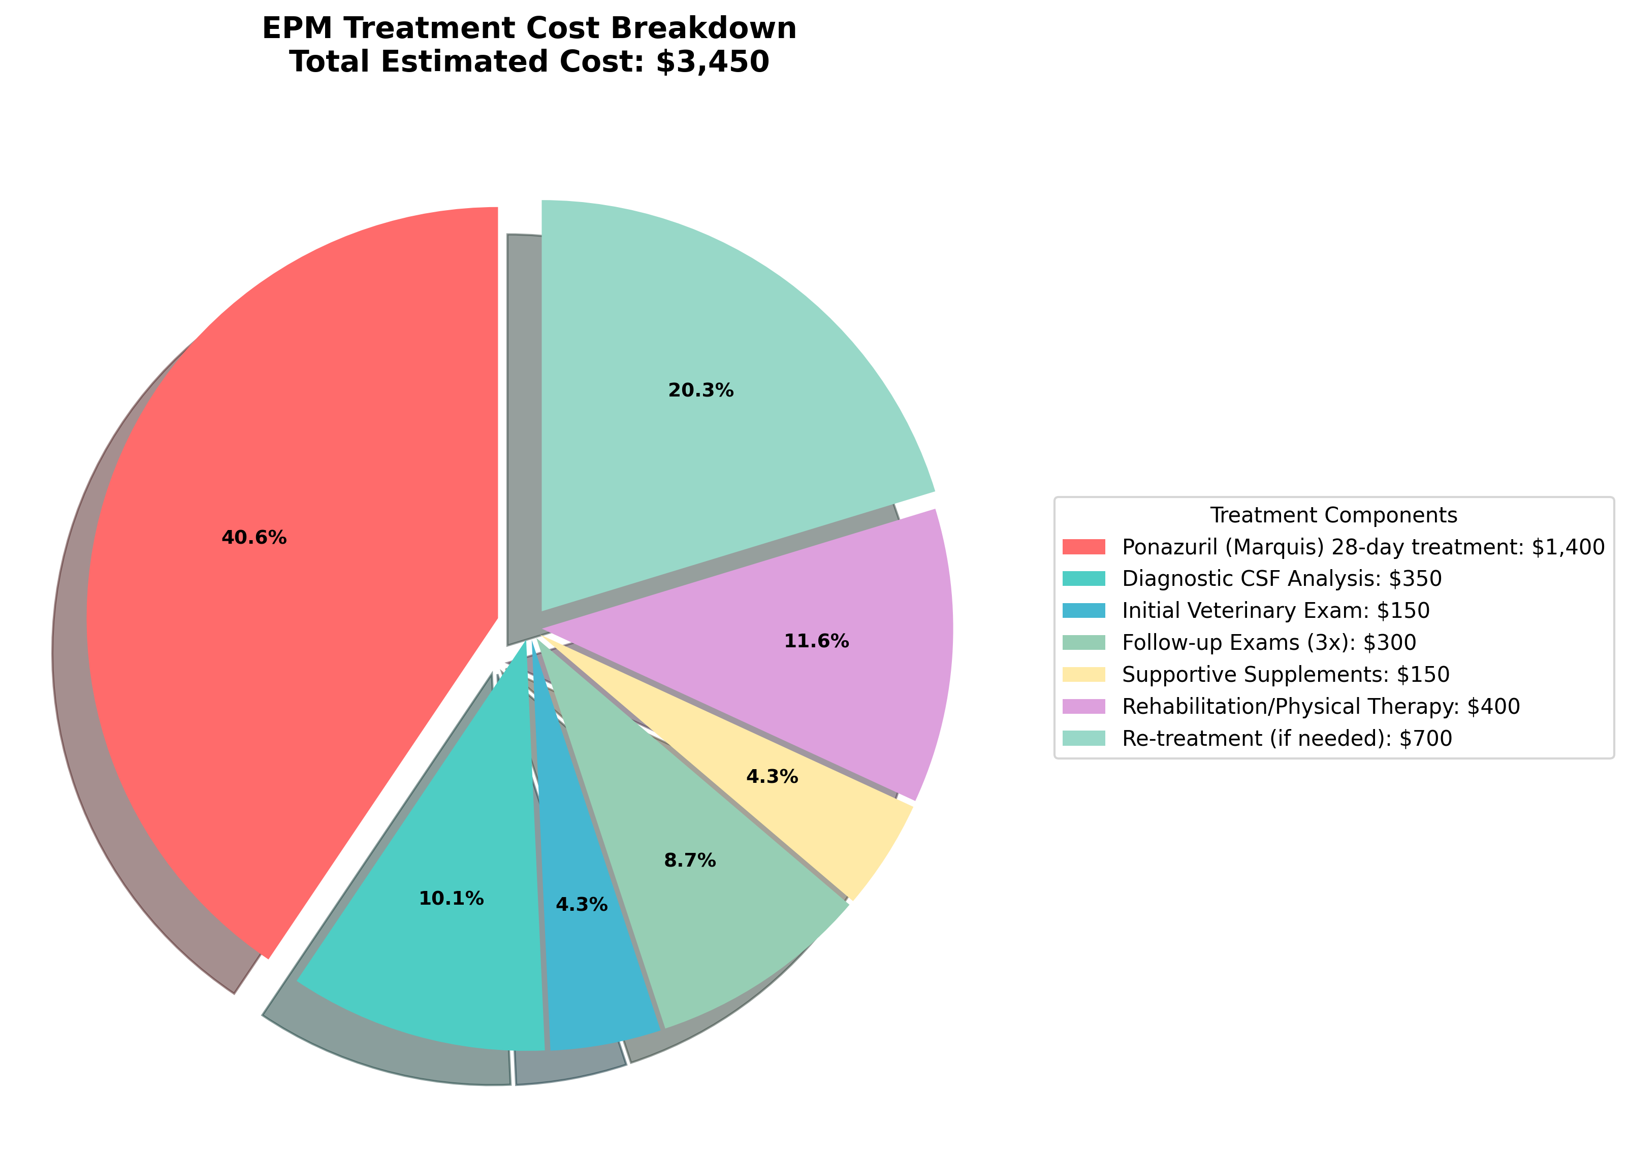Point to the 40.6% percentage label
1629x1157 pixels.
point(254,538)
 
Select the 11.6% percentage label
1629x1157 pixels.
point(816,641)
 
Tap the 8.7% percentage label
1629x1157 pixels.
point(689,861)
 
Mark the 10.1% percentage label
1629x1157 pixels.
point(451,899)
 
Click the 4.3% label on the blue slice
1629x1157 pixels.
point(581,905)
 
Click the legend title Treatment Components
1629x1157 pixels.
point(1333,515)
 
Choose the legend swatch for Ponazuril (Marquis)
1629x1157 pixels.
point(1083,546)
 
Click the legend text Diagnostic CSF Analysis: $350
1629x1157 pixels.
point(1281,579)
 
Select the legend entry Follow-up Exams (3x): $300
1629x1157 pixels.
point(1268,643)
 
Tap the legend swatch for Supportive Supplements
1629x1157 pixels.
point(1083,674)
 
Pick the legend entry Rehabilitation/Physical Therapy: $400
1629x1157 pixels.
point(1320,706)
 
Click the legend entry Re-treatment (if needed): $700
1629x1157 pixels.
point(1286,738)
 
